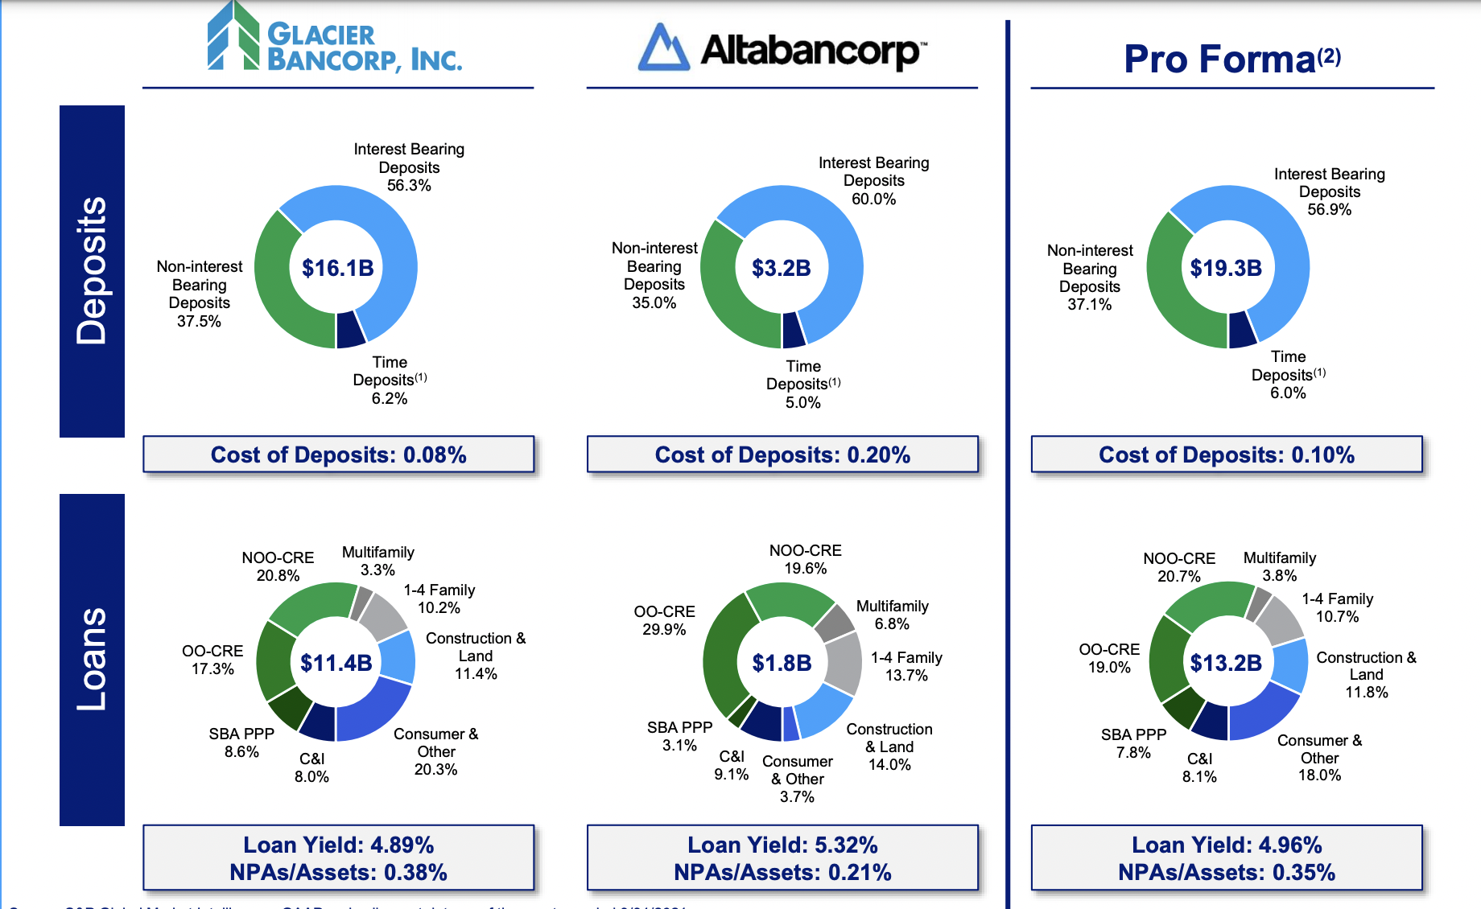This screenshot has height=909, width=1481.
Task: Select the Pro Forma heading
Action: pos(1231,59)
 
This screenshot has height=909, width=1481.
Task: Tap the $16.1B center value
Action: pos(337,268)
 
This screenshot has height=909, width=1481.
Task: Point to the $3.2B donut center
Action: pos(782,268)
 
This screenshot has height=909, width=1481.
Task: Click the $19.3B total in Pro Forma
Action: pos(1226,268)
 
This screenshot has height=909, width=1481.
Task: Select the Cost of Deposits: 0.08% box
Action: pos(338,455)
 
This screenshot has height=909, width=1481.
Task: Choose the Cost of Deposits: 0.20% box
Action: pos(782,455)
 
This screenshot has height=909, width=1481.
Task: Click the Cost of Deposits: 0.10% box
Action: pos(1227,455)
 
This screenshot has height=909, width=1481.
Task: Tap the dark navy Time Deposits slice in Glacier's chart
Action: pos(350,329)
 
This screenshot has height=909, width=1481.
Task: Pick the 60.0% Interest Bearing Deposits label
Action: pos(873,181)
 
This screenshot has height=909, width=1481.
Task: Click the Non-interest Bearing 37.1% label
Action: pos(1090,278)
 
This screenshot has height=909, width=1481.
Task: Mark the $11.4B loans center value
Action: pos(336,663)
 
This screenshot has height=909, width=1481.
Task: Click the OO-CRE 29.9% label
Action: pos(664,620)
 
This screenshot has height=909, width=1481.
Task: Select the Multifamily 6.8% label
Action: pos(892,615)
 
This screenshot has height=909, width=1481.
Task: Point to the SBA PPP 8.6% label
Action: pos(241,742)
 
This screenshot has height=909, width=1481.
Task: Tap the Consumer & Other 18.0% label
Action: pos(1319,758)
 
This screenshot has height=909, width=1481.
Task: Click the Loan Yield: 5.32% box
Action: pos(782,858)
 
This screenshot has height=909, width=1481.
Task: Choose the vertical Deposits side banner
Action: pos(92,271)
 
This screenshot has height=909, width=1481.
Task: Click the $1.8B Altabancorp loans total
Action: pos(782,663)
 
